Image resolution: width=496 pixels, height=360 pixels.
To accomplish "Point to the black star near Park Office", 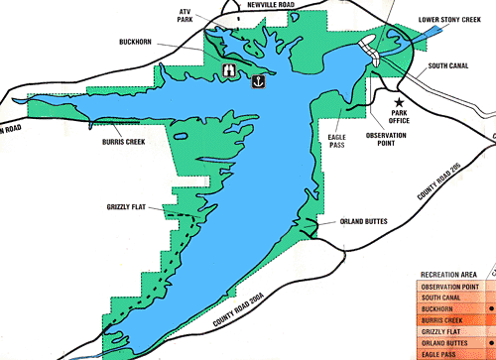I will [400, 102].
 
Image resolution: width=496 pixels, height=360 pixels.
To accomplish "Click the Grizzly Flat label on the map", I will [127, 206].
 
